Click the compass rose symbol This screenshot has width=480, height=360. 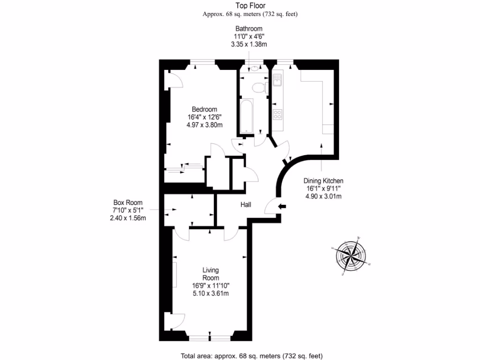click(351, 255)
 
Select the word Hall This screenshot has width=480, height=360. click(246, 205)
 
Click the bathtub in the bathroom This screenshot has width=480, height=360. click(247, 115)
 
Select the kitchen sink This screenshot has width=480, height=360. click(277, 81)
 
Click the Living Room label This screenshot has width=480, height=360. click(210, 274)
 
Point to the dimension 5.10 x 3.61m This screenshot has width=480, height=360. click(210, 293)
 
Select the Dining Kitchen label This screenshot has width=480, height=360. click(323, 180)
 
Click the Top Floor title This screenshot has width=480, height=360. click(250, 6)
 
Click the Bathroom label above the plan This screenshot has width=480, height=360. click(248, 29)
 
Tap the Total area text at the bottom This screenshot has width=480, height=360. click(251, 355)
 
